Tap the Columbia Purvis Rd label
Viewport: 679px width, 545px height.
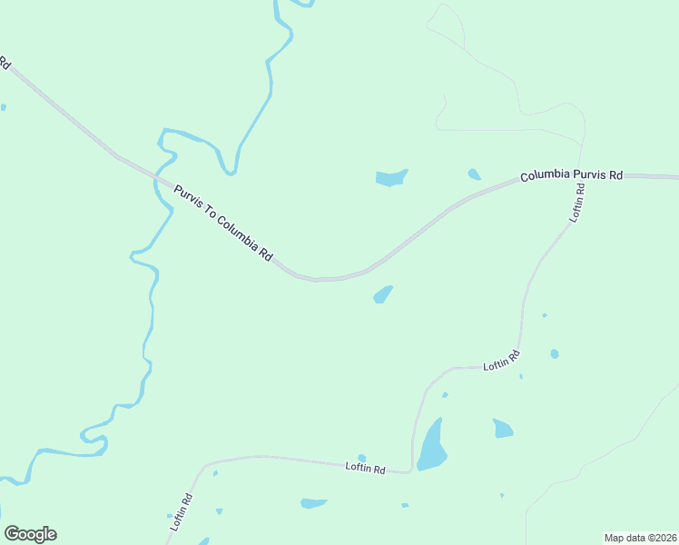pyautogui.click(x=571, y=175)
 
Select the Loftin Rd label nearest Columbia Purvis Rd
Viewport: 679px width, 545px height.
pyautogui.click(x=577, y=203)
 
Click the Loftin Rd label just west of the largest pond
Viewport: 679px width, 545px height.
pyautogui.click(x=366, y=468)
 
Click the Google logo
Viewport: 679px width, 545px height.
pyautogui.click(x=30, y=534)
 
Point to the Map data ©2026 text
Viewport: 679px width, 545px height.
pyautogui.click(x=640, y=538)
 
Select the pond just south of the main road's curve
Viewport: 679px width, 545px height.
pyautogui.click(x=383, y=295)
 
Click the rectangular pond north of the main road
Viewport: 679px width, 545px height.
pyautogui.click(x=391, y=177)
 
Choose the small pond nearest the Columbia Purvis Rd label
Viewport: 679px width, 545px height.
pyautogui.click(x=474, y=173)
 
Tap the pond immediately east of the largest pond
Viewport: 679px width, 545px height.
pyautogui.click(x=503, y=428)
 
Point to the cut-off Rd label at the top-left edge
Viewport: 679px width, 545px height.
pyautogui.click(x=5, y=64)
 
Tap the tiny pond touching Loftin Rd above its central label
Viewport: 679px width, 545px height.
pyautogui.click(x=362, y=458)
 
